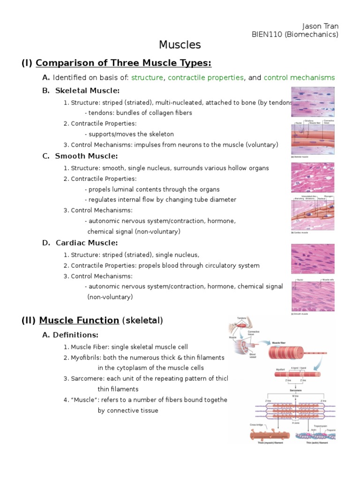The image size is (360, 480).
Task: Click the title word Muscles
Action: [180, 45]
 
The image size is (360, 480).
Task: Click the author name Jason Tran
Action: [321, 26]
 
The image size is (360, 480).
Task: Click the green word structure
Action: [147, 77]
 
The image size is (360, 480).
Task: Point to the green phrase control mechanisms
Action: [299, 77]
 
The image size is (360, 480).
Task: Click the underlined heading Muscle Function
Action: [79, 321]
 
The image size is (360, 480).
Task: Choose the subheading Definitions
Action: [75, 335]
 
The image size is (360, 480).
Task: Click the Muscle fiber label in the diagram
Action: [280, 343]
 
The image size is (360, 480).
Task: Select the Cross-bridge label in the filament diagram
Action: [256, 426]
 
